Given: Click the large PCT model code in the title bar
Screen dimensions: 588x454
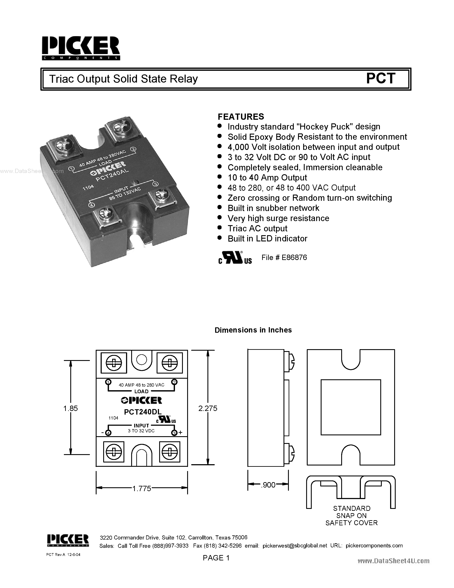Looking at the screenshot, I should [381, 79].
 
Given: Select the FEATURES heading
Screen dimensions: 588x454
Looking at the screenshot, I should [241, 117].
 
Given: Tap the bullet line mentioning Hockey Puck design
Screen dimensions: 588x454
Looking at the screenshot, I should [304, 127].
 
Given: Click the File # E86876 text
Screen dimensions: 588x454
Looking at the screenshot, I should [284, 257].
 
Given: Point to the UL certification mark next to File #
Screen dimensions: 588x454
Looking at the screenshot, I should [235, 258].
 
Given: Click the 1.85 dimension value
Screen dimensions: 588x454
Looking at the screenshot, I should [71, 408].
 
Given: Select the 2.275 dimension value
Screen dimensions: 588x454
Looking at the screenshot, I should [208, 408].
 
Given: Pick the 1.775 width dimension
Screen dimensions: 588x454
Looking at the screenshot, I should [141, 489].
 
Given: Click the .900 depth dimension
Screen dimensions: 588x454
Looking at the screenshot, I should [268, 485].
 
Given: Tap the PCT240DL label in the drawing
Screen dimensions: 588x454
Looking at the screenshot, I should [143, 412].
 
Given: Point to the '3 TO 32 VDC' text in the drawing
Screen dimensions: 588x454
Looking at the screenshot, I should [141, 431].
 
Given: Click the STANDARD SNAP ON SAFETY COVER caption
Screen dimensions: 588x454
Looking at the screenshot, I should [351, 516].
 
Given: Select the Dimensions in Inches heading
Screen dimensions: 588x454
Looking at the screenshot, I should [253, 330].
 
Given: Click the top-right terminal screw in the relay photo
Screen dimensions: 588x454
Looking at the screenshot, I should [119, 126].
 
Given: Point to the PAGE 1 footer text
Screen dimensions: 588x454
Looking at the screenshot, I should [216, 558].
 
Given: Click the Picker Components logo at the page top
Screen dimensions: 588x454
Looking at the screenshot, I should [81, 48].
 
